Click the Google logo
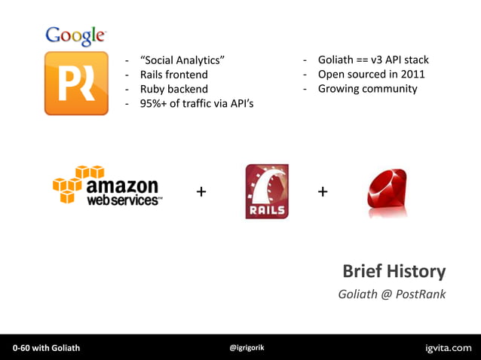click(x=75, y=35)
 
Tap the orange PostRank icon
click(x=76, y=83)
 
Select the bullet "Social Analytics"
click(x=182, y=60)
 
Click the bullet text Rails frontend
click(x=173, y=75)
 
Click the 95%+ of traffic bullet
click(x=196, y=103)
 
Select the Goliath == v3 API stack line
click(x=372, y=59)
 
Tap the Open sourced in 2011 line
click(x=371, y=74)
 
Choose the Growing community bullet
click(x=367, y=88)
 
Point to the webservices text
click(x=124, y=201)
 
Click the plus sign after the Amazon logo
click(x=201, y=192)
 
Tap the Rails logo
click(x=267, y=191)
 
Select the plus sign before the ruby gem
click(x=323, y=192)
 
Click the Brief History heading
click(x=394, y=271)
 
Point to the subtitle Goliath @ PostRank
click(x=391, y=294)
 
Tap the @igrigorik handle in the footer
click(x=247, y=347)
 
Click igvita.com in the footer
click(x=449, y=347)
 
